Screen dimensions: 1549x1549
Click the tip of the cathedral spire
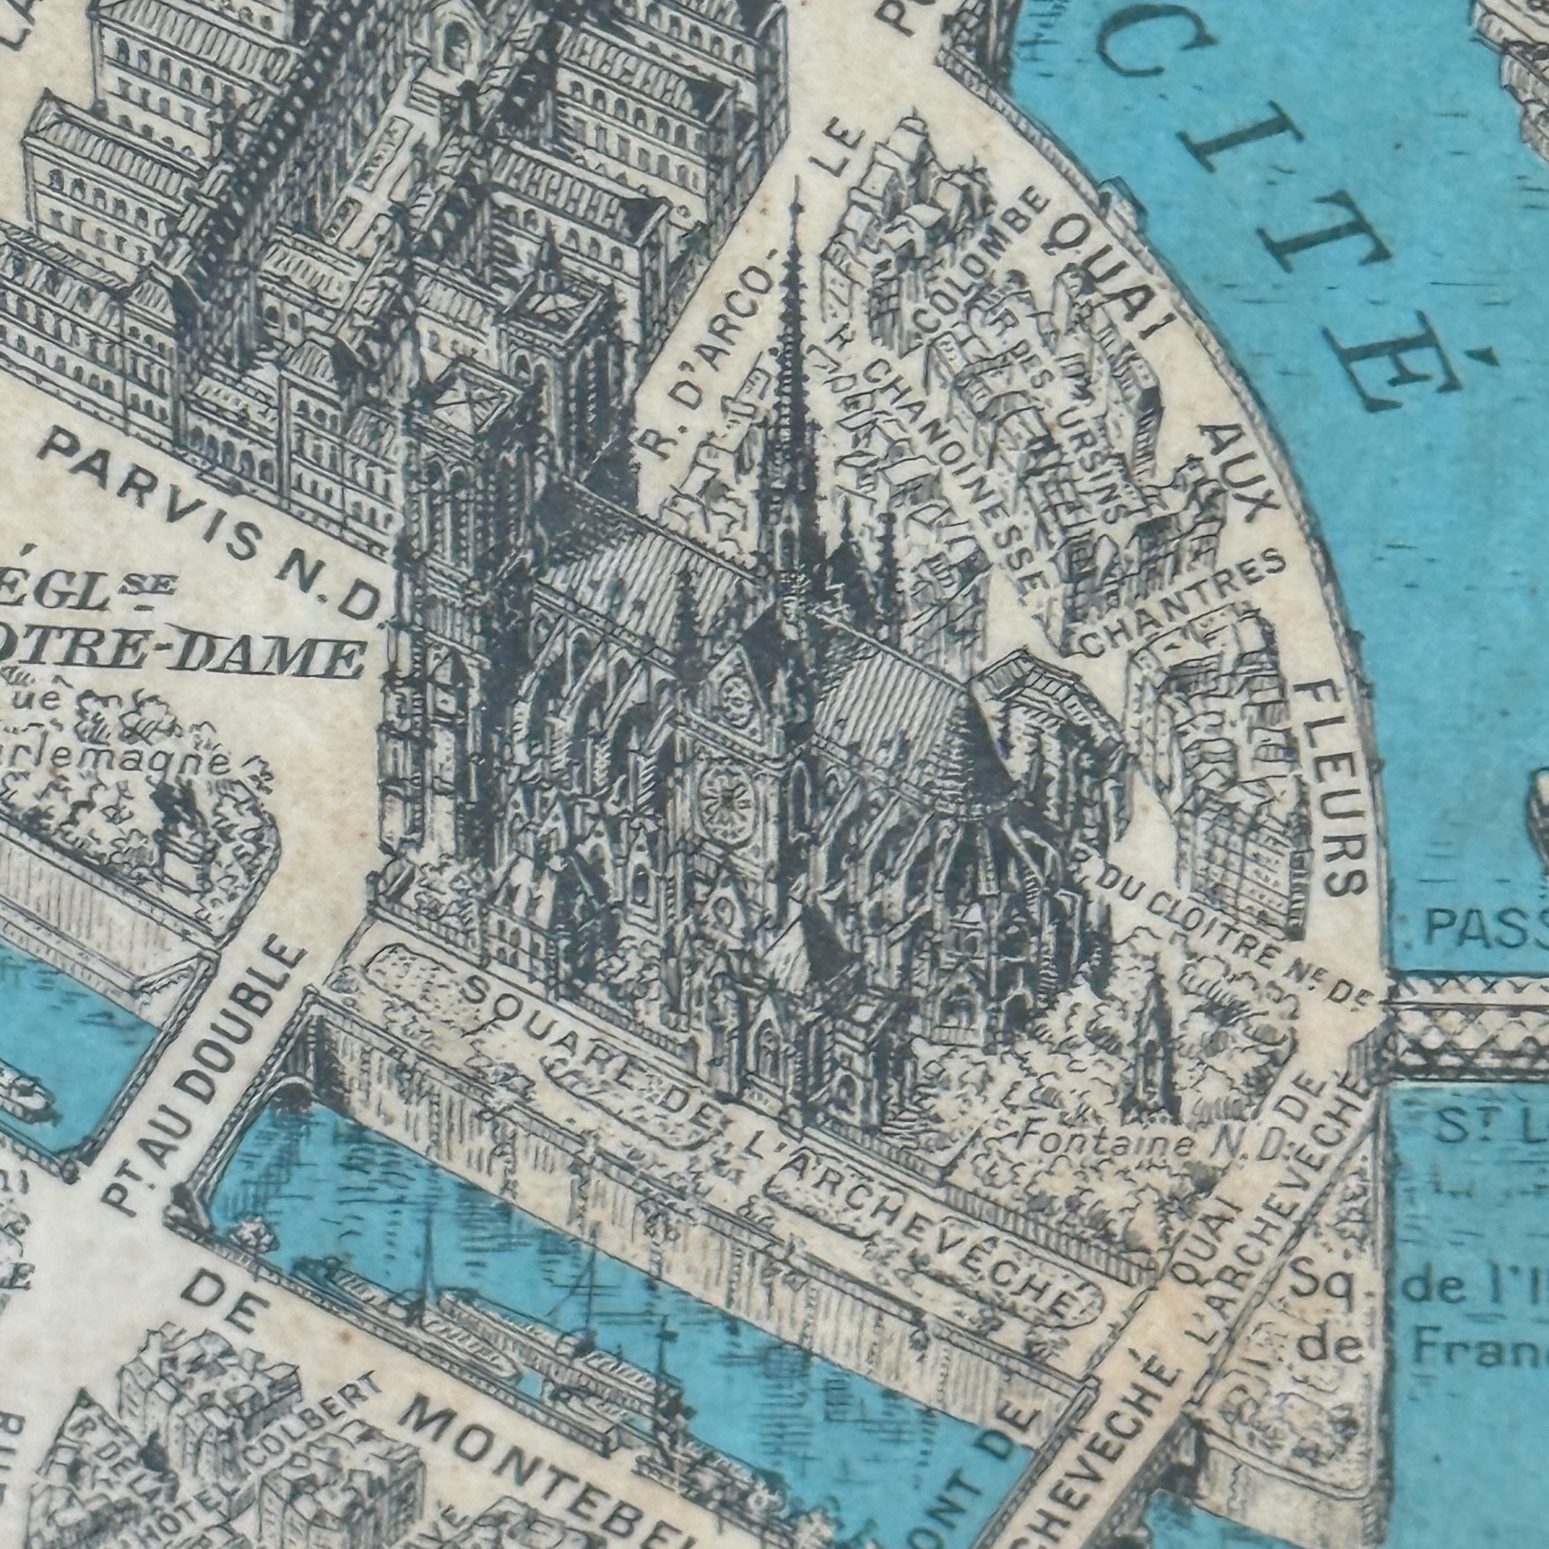click(x=796, y=183)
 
